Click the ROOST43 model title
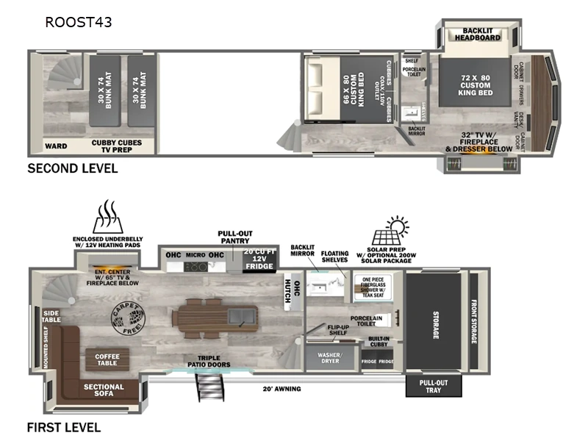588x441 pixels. click(x=79, y=22)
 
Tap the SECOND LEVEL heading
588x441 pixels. click(x=72, y=168)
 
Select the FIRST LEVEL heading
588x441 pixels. click(x=64, y=427)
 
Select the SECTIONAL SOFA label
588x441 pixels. click(x=104, y=391)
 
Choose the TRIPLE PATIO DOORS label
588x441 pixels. click(x=209, y=361)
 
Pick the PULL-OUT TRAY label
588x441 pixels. click(x=434, y=386)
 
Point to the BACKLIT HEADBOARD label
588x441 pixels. click(x=477, y=33)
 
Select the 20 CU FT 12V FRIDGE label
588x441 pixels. click(x=259, y=259)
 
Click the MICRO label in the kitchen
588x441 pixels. click(x=195, y=255)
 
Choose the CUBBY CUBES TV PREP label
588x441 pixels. click(x=122, y=146)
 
